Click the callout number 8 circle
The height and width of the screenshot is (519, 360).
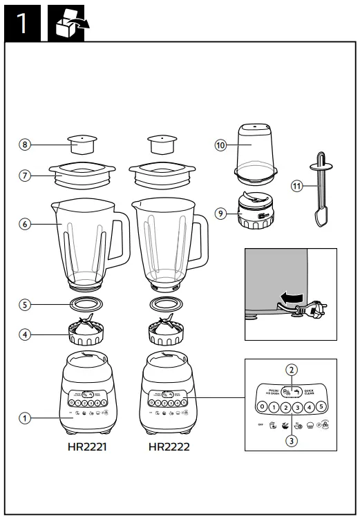26,144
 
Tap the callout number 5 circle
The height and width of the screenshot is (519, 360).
26,303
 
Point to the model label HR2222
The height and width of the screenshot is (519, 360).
169,446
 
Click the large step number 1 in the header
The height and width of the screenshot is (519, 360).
21,22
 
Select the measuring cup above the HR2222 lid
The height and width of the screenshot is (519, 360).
162,146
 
